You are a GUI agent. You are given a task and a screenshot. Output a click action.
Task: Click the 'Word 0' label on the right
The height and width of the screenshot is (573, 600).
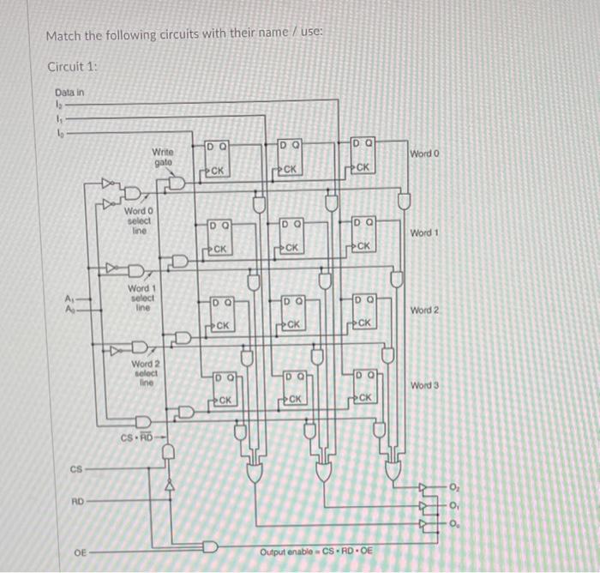click(x=424, y=154)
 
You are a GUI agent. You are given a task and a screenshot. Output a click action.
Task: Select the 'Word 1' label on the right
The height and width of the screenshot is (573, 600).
click(x=424, y=232)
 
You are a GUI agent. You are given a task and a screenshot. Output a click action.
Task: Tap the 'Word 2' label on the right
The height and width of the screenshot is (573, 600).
click(x=424, y=310)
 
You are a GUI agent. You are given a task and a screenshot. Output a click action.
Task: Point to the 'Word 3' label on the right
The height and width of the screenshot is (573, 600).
click(x=424, y=385)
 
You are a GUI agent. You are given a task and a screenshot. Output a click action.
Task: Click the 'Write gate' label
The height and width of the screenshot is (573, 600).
click(x=163, y=156)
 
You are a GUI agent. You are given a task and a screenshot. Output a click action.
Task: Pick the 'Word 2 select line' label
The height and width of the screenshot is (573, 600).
click(x=145, y=372)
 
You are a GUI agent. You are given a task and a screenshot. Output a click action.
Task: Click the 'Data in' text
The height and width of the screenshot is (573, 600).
click(x=69, y=92)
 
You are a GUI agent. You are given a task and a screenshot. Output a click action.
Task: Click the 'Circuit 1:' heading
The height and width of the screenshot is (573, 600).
click(x=73, y=67)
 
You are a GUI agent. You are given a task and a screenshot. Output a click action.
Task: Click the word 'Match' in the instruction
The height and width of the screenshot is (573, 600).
click(x=62, y=35)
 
